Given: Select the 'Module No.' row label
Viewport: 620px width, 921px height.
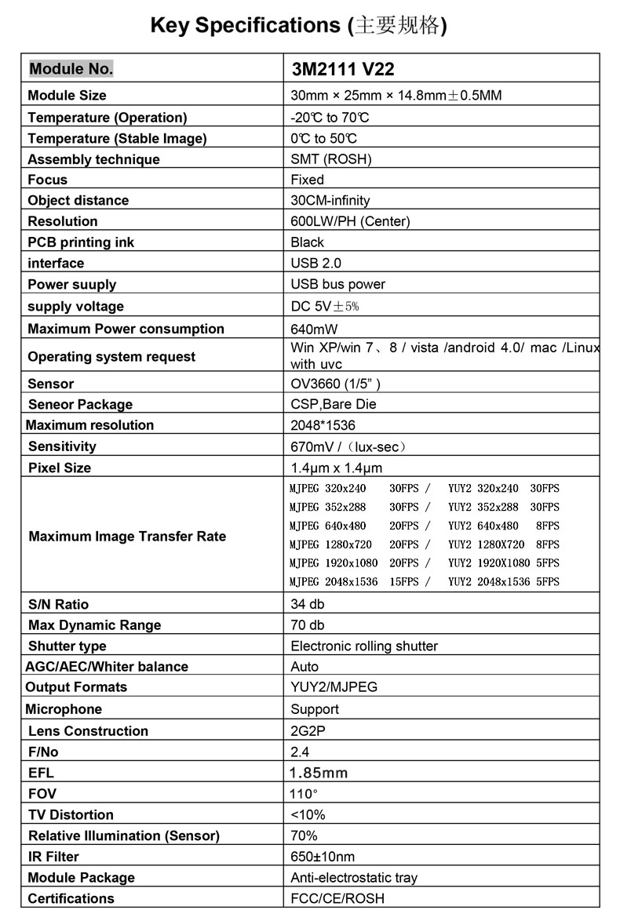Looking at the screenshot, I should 71,68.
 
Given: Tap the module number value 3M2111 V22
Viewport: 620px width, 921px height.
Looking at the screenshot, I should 343,69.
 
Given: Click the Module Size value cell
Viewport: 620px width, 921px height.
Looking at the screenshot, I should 396,96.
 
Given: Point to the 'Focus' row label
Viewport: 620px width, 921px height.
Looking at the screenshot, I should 48,180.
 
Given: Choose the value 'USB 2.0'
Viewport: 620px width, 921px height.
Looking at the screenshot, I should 316,263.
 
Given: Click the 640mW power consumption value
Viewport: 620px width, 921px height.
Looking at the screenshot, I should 314,329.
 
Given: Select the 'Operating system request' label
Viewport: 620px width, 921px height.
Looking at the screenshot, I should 111,356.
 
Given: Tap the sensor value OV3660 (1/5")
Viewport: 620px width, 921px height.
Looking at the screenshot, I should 336,384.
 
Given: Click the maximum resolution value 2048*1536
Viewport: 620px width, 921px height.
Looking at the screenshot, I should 323,425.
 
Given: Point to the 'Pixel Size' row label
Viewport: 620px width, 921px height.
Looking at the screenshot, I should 60,468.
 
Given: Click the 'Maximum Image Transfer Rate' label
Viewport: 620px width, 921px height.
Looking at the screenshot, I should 127,537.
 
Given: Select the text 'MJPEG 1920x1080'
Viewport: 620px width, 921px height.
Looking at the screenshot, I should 334,562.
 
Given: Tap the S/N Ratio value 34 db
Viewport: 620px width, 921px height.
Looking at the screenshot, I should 307,604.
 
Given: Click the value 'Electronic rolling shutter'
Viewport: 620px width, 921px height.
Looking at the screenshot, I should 364,646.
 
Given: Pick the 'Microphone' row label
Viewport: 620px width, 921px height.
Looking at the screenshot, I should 64,709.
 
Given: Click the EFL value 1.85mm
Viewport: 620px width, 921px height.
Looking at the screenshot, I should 319,773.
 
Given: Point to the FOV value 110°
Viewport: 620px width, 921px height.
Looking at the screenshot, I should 305,793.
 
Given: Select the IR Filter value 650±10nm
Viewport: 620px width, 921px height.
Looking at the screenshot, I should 323,857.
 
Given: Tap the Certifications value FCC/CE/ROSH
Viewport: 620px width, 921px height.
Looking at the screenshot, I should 337,898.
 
